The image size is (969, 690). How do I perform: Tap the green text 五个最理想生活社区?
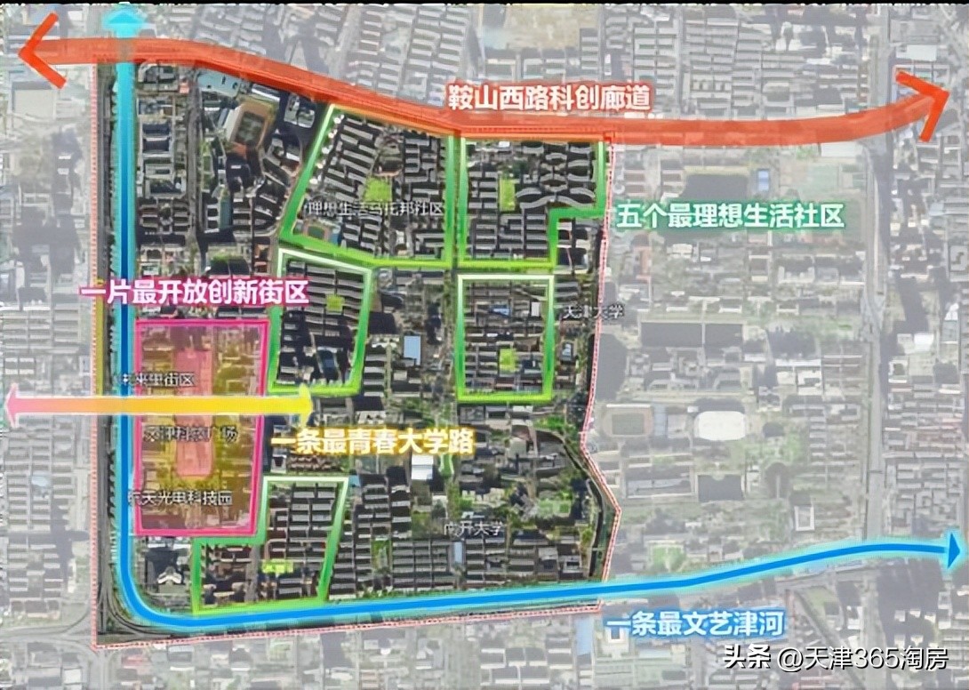tap(729, 214)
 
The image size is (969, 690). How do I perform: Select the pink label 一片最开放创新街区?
tap(194, 293)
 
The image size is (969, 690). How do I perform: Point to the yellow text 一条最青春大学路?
tap(373, 442)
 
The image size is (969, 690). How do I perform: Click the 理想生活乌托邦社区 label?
tap(373, 211)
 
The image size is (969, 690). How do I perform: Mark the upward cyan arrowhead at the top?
tap(126, 15)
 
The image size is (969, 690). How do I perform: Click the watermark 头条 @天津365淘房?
tap(836, 660)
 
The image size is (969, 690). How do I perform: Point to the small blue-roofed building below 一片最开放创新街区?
tap(412, 348)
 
